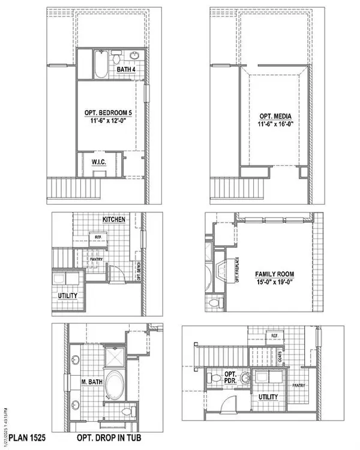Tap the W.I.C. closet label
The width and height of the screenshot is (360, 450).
pos(99,163)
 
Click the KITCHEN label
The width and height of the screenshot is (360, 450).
pos(114,220)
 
